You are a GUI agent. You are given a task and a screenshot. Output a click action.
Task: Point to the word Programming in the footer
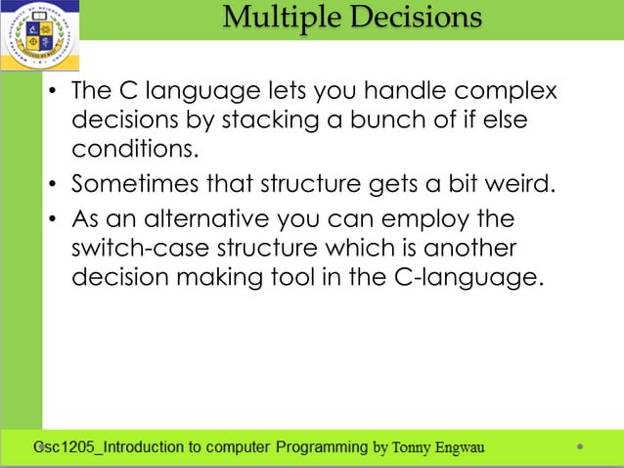(321, 447)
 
